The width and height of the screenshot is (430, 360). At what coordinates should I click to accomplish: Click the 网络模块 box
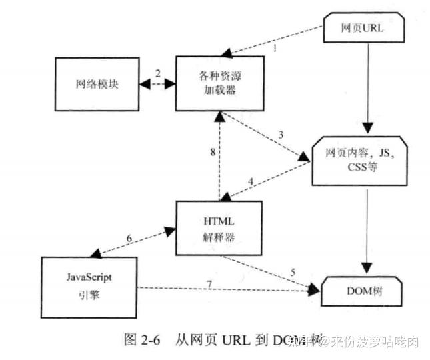click(97, 85)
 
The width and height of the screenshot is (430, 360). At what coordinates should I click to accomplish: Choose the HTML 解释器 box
click(219, 227)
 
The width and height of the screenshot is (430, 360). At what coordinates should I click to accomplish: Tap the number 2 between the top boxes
click(157, 72)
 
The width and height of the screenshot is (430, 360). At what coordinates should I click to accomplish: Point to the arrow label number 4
click(251, 181)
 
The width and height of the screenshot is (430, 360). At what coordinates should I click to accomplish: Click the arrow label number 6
click(130, 238)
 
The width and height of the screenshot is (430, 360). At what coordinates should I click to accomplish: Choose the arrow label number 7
click(209, 284)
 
